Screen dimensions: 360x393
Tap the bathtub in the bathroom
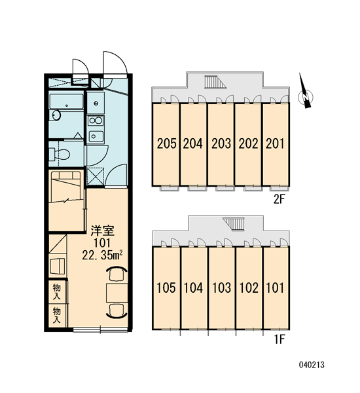point(66,102)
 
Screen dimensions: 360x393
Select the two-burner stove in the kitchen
point(96,121)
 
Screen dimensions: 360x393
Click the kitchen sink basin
point(96,136)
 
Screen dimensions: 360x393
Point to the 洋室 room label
point(103,231)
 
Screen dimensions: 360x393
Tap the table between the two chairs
point(117,293)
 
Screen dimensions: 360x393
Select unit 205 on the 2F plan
point(166,144)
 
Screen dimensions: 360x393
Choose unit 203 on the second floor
point(221,144)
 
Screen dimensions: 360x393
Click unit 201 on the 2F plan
point(276,144)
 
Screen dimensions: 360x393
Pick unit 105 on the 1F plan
point(166,288)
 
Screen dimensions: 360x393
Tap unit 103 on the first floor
point(221,288)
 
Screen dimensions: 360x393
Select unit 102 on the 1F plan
point(249,288)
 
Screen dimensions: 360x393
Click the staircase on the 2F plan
point(215,82)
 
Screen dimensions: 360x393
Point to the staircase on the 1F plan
point(234,224)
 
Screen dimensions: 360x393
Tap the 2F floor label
point(279,200)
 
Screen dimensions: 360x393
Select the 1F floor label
point(279,339)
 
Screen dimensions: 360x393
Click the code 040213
point(312,365)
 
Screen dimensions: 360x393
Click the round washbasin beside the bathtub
point(56,115)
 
